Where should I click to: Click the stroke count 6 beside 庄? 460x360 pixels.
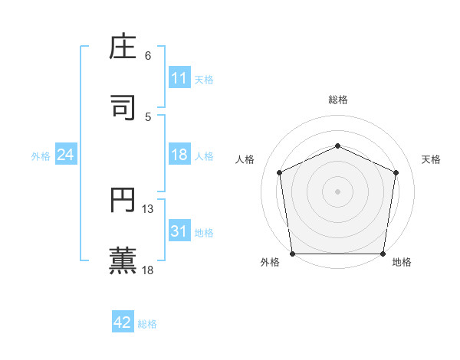coord(148,56)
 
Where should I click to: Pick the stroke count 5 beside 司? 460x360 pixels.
coord(148,116)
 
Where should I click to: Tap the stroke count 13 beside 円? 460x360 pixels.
coord(148,209)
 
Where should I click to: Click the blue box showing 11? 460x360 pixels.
coord(179,78)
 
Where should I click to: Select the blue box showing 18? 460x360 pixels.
coord(179,155)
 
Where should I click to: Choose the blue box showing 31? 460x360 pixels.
coord(179,231)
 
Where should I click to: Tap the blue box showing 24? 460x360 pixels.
coord(65,155)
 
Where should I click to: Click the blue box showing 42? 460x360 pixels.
coord(123,322)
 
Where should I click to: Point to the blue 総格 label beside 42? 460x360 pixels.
coord(147,324)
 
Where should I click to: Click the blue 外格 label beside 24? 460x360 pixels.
coord(41,156)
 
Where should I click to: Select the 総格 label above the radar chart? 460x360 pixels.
coord(338,100)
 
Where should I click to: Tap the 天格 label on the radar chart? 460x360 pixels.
coord(432,159)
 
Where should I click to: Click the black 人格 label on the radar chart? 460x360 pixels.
coord(245,159)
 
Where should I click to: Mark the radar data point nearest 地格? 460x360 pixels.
coord(383,254)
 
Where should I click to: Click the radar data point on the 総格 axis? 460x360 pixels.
coord(338,145)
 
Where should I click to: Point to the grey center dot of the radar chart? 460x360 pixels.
coord(338,191)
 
